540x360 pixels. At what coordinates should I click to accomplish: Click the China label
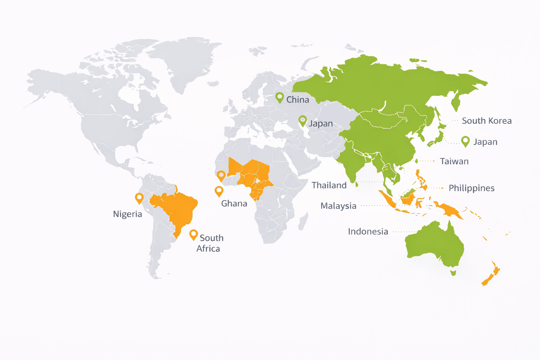coord(297,100)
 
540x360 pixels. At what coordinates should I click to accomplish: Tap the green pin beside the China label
coord(279,97)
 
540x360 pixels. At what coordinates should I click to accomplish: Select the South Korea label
coord(487,121)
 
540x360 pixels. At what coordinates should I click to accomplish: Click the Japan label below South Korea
coord(485,142)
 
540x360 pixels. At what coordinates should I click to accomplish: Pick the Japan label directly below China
coord(321,124)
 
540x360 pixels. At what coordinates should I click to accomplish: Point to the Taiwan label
coord(454,161)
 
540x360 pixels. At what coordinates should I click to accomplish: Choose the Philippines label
coord(471,188)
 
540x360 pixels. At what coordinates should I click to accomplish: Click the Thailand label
coord(329,185)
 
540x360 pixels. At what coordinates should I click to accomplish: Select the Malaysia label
coord(338,206)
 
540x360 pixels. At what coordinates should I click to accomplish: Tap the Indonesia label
coord(368,232)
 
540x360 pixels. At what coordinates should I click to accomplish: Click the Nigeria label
coord(128,214)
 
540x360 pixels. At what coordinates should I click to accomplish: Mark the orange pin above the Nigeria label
coord(139,198)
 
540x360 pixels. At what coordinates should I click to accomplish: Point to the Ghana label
coord(234,204)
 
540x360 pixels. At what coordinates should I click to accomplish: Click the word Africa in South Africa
coord(208,249)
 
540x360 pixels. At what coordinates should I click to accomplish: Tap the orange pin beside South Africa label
coord(193,234)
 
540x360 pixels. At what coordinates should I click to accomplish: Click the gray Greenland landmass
coord(186,60)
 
